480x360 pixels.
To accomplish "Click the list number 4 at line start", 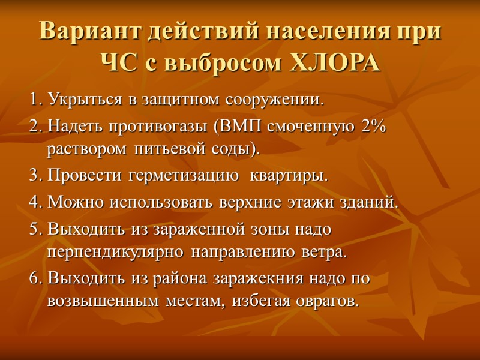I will [34, 202].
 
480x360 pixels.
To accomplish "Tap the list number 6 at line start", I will [34, 279].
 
